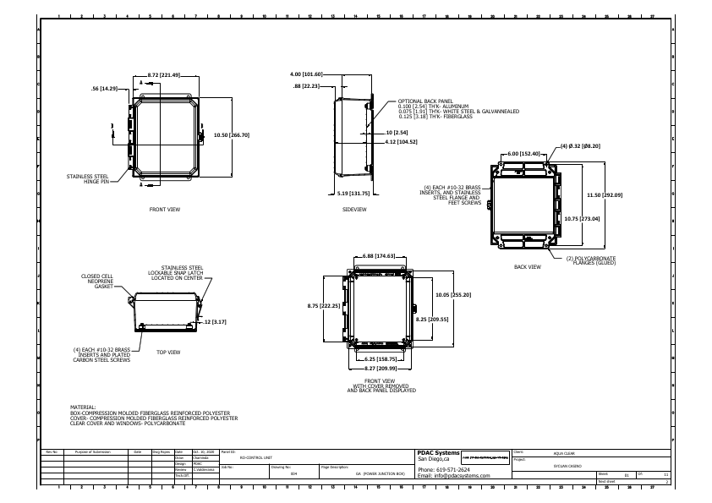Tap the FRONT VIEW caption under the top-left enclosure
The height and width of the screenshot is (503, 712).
click(164, 208)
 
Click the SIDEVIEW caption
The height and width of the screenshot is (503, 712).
click(354, 208)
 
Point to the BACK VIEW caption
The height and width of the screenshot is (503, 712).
click(527, 266)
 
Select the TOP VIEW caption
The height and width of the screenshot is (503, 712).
click(168, 352)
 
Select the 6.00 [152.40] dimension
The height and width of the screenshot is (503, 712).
click(524, 153)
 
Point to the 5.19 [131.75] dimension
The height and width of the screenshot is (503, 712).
click(353, 193)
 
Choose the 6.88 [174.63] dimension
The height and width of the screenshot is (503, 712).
click(380, 254)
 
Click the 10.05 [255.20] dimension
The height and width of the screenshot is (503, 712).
click(453, 294)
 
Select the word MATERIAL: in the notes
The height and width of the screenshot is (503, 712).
click(85, 407)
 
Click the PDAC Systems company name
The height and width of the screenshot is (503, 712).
click(438, 452)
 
